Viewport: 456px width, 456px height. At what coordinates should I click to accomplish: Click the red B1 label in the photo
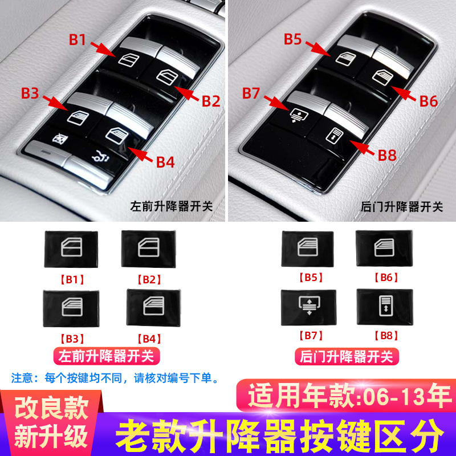click(78, 40)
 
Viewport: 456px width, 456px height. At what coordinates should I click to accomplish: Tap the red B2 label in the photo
click(210, 101)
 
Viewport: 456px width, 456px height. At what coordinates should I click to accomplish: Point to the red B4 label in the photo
click(165, 162)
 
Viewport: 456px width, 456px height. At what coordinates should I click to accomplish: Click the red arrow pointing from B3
click(55, 103)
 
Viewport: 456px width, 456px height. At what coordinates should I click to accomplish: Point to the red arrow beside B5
click(317, 47)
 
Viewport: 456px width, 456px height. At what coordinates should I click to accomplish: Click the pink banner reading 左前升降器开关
click(107, 357)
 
